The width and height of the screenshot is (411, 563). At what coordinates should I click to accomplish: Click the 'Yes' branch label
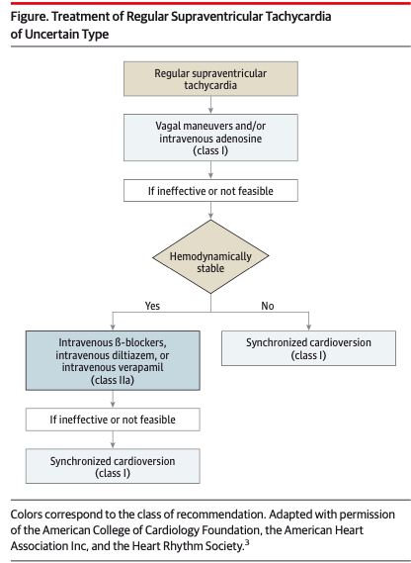(x=152, y=306)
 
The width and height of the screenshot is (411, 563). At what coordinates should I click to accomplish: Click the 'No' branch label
(x=267, y=306)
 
